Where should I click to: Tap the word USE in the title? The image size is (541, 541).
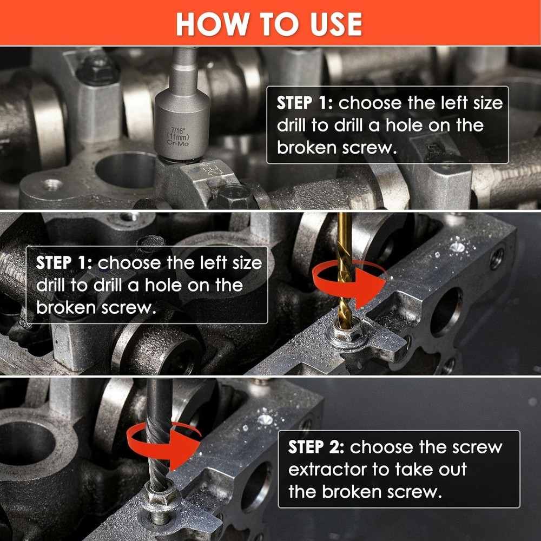[x=336, y=24]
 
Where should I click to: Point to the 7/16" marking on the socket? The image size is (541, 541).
[x=178, y=130]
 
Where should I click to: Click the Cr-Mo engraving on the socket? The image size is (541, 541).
[x=177, y=142]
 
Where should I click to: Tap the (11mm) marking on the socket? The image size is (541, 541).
[x=177, y=137]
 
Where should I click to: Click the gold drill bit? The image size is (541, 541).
[x=345, y=269]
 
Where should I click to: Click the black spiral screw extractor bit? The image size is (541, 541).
[x=159, y=435]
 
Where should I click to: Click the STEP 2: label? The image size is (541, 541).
[x=316, y=447]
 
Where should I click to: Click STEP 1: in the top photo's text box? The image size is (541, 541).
[x=304, y=103]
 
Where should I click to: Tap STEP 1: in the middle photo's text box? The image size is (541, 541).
[x=64, y=263]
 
